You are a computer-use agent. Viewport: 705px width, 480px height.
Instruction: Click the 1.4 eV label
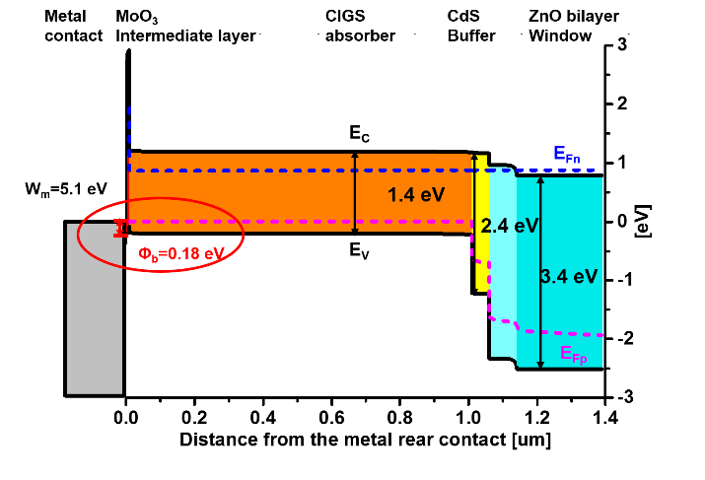pos(415,195)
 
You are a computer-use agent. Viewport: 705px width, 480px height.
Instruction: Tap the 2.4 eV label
pos(510,226)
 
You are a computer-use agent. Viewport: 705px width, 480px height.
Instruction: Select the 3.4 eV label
pos(569,277)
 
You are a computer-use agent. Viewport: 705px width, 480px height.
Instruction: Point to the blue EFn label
pos(566,154)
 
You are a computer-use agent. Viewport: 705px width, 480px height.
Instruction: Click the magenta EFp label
pos(573,354)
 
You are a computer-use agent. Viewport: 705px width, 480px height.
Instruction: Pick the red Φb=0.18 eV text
pos(180,253)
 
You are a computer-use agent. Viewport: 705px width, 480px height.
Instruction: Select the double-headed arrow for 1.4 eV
pos(355,193)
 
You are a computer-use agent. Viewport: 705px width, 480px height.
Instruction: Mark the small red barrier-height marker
pos(121,228)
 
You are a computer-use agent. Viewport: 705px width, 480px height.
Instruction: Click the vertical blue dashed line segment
pos(129,133)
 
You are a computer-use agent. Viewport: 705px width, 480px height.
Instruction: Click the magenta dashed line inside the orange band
pos(296,222)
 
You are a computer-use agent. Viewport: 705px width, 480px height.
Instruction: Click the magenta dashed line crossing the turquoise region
pos(562,332)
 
